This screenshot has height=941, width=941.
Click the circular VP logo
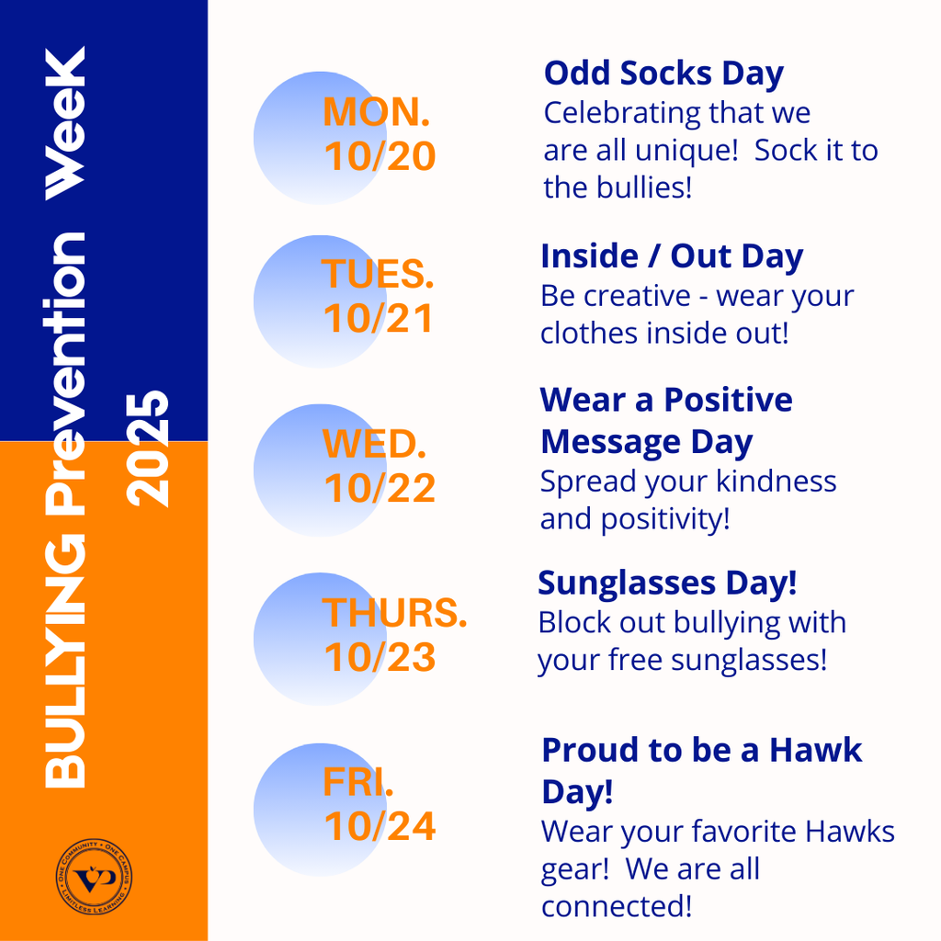[x=93, y=879]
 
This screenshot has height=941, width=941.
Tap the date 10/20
[x=380, y=157]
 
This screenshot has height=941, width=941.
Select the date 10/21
[x=378, y=319]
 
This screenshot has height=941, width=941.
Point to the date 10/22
[x=380, y=488]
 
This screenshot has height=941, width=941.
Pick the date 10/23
[x=380, y=657]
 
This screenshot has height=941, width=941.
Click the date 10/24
[x=380, y=827]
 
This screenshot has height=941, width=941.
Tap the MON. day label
[x=377, y=112]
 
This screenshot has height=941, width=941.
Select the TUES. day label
[x=378, y=274]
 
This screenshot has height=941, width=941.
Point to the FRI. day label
[x=358, y=782]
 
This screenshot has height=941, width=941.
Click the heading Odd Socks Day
[x=663, y=74]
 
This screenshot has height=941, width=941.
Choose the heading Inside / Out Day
[x=672, y=256]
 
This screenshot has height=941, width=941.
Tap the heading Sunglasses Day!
[x=667, y=583]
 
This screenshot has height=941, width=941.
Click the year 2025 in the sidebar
[x=149, y=448]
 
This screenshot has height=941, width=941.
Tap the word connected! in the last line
[x=616, y=906]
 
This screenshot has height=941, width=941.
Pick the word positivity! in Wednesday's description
[x=665, y=519]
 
